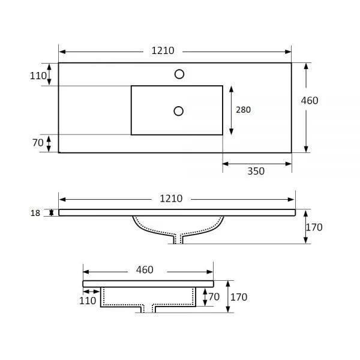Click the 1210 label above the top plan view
[163, 51]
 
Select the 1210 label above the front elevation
[171, 199]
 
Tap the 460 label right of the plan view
[310, 101]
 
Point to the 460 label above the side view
[145, 270]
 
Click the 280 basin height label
[244, 110]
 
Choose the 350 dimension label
[256, 171]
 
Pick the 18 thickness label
[35, 213]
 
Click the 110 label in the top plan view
[38, 76]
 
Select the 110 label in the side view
[88, 301]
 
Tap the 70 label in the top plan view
[38, 143]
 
